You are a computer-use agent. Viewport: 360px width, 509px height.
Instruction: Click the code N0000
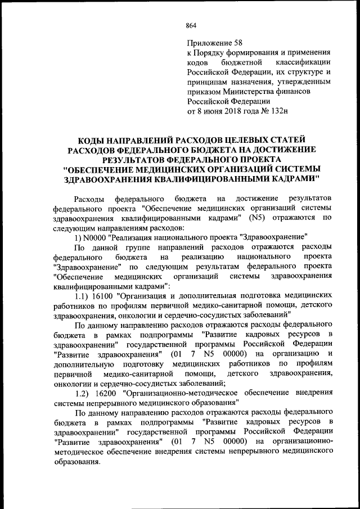96,237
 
